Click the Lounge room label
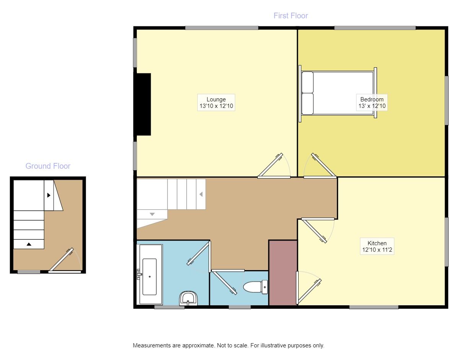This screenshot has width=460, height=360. pyautogui.click(x=216, y=99)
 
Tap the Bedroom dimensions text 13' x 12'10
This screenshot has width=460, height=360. pyautogui.click(x=372, y=106)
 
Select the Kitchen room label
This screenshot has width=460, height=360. pyautogui.click(x=377, y=243)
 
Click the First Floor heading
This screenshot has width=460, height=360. pyautogui.click(x=291, y=16)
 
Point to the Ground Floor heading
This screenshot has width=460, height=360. pyautogui.click(x=48, y=166)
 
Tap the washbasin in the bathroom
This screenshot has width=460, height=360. pyautogui.click(x=188, y=298)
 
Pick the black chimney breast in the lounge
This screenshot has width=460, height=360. pyautogui.click(x=142, y=104)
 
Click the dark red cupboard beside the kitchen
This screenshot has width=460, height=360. pyautogui.click(x=283, y=273)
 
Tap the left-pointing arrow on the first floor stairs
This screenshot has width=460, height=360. pyautogui.click(x=201, y=194)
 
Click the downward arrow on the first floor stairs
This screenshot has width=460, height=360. pyautogui.click(x=152, y=214)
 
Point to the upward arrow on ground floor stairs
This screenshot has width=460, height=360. pyautogui.click(x=29, y=244)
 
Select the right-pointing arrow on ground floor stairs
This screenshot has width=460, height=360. pyautogui.click(x=49, y=195)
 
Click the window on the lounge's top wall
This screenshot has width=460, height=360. pyautogui.click(x=222, y=28)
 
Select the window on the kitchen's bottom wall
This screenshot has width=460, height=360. pyautogui.click(x=374, y=307)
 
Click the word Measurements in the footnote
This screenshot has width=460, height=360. pyautogui.click(x=152, y=345)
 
